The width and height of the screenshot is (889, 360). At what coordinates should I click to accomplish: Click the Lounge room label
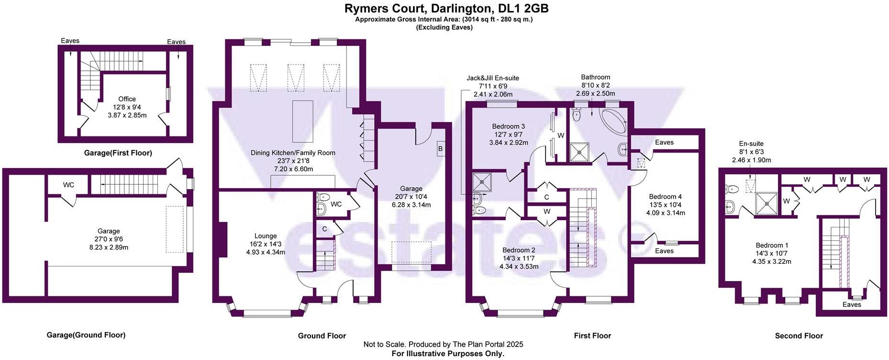266,236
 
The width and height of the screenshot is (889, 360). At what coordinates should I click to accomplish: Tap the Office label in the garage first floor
127,99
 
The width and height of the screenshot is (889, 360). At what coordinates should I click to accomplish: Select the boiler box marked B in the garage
440,148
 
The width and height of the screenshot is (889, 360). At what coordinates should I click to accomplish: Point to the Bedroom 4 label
665,196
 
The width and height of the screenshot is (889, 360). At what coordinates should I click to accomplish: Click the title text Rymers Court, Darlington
446,8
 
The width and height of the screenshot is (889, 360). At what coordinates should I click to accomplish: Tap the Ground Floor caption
322,336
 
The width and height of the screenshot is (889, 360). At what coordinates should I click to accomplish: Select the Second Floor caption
799,336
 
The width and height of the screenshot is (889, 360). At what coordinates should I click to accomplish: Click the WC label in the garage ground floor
68,185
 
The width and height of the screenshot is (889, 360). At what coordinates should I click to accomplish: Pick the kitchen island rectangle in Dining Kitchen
302,121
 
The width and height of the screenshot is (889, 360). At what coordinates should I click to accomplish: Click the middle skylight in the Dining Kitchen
296,78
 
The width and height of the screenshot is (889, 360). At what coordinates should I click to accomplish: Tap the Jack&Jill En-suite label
493,78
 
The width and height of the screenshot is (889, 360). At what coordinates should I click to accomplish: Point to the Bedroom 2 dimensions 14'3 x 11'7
519,258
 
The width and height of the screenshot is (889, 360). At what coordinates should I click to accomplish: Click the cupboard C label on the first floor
546,197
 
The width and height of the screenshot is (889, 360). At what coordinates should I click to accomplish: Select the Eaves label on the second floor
851,304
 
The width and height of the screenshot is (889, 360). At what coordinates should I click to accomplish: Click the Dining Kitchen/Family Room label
293,153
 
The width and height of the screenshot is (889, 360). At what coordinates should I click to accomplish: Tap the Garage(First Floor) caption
118,153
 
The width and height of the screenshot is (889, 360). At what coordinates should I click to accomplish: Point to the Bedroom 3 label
509,126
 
